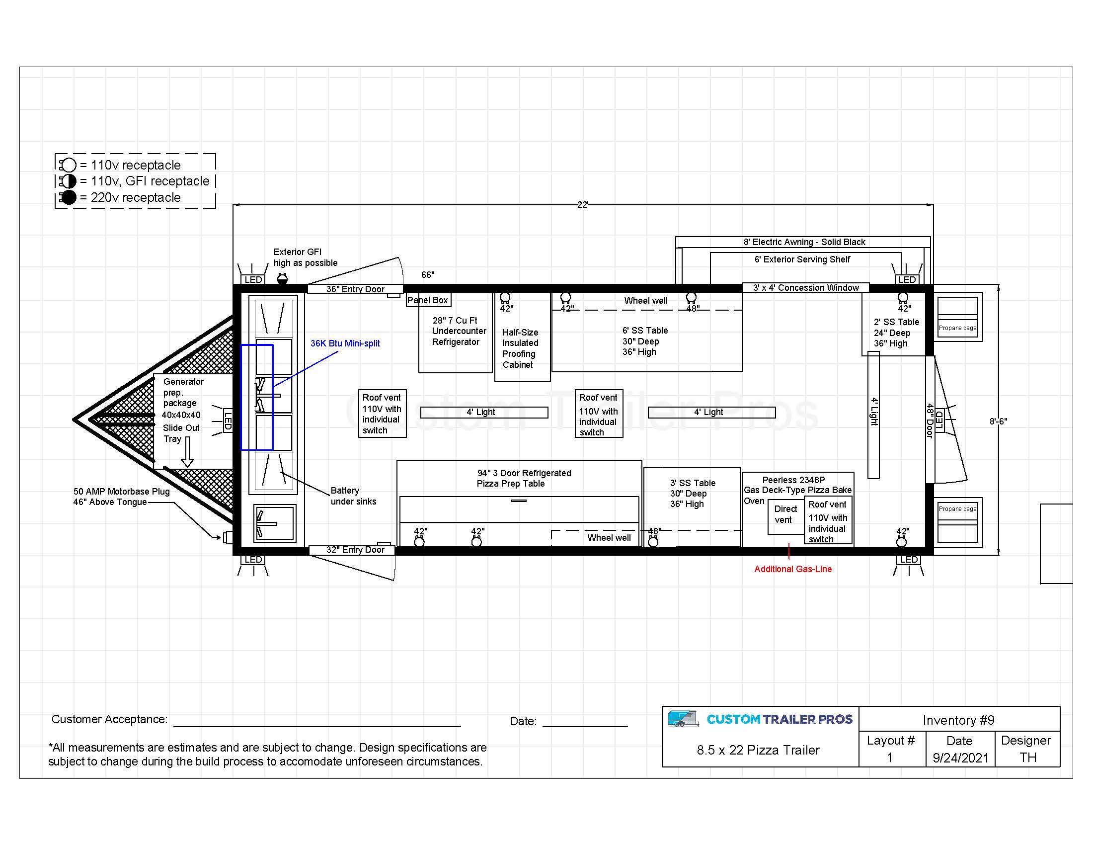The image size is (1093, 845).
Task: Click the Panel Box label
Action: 428,300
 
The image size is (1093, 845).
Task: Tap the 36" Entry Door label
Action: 355,289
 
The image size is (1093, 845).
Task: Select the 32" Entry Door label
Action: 355,550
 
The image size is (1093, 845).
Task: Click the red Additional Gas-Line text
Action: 793,569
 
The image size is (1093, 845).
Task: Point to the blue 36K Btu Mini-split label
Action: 345,343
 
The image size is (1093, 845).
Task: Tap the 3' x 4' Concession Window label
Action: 806,288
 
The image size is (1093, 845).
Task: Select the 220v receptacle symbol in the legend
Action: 68,197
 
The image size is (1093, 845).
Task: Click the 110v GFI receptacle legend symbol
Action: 68,181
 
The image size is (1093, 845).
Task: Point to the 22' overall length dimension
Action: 583,205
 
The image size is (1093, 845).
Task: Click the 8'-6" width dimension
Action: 999,422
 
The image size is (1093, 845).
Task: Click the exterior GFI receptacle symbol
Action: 282,279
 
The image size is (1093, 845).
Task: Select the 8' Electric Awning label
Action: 804,242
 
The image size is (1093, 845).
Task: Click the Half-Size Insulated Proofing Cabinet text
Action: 520,348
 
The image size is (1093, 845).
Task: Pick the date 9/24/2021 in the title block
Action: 960,758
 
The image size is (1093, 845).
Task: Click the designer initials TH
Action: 1028,758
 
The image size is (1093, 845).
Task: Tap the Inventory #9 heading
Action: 958,720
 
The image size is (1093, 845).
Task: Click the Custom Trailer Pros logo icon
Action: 683,719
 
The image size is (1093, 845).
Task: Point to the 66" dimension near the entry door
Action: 428,275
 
